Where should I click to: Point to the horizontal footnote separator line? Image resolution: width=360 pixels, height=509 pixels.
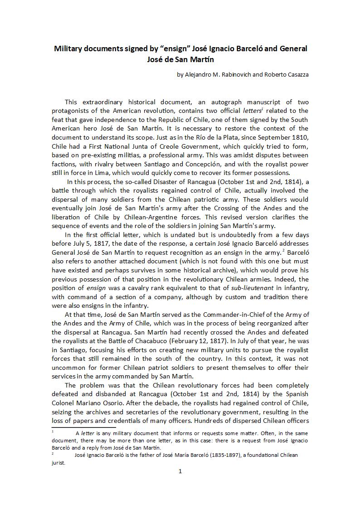click(x=84, y=427)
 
